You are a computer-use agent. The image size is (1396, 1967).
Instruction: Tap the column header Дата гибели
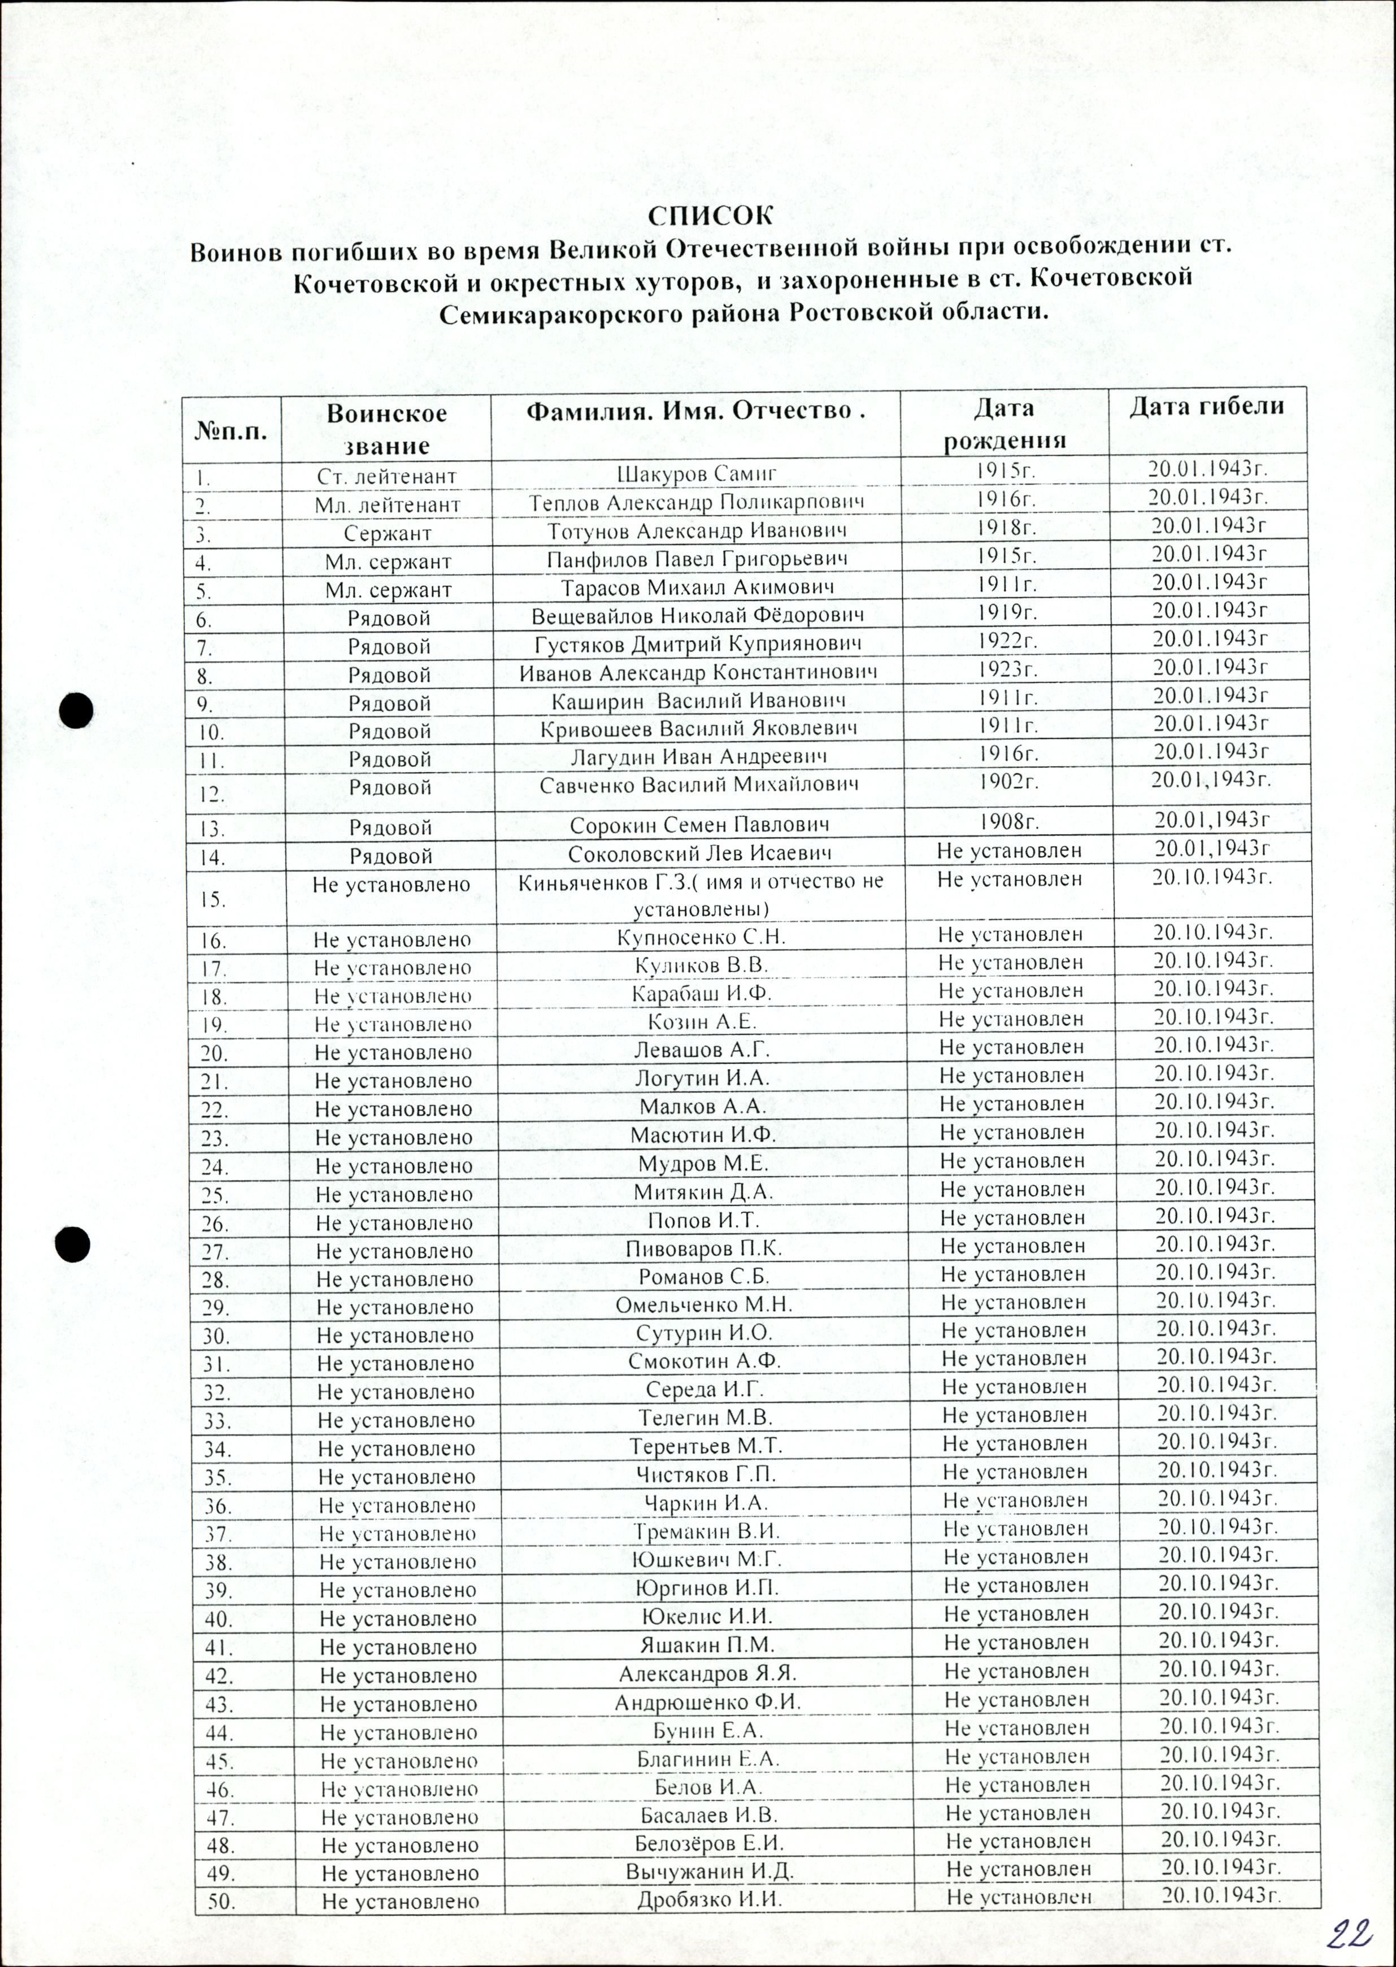(1206, 407)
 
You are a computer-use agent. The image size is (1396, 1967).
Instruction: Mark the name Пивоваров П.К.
(703, 1248)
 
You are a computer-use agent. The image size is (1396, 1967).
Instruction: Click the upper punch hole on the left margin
(76, 711)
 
